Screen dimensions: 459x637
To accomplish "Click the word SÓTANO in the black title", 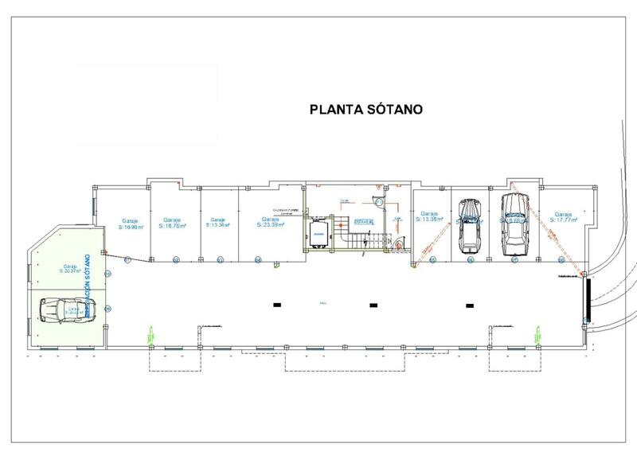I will pos(395,111).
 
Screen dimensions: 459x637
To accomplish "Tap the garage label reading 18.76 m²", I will pos(172,223).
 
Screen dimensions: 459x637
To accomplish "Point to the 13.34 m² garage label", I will pos(217,223).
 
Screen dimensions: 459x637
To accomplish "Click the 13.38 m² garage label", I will pos(430,217).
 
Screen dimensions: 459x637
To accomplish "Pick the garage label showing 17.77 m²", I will pos(564,217).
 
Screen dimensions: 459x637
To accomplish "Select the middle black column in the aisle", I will pos(373,305).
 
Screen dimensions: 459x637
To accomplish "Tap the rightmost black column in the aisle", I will pos(470,305).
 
